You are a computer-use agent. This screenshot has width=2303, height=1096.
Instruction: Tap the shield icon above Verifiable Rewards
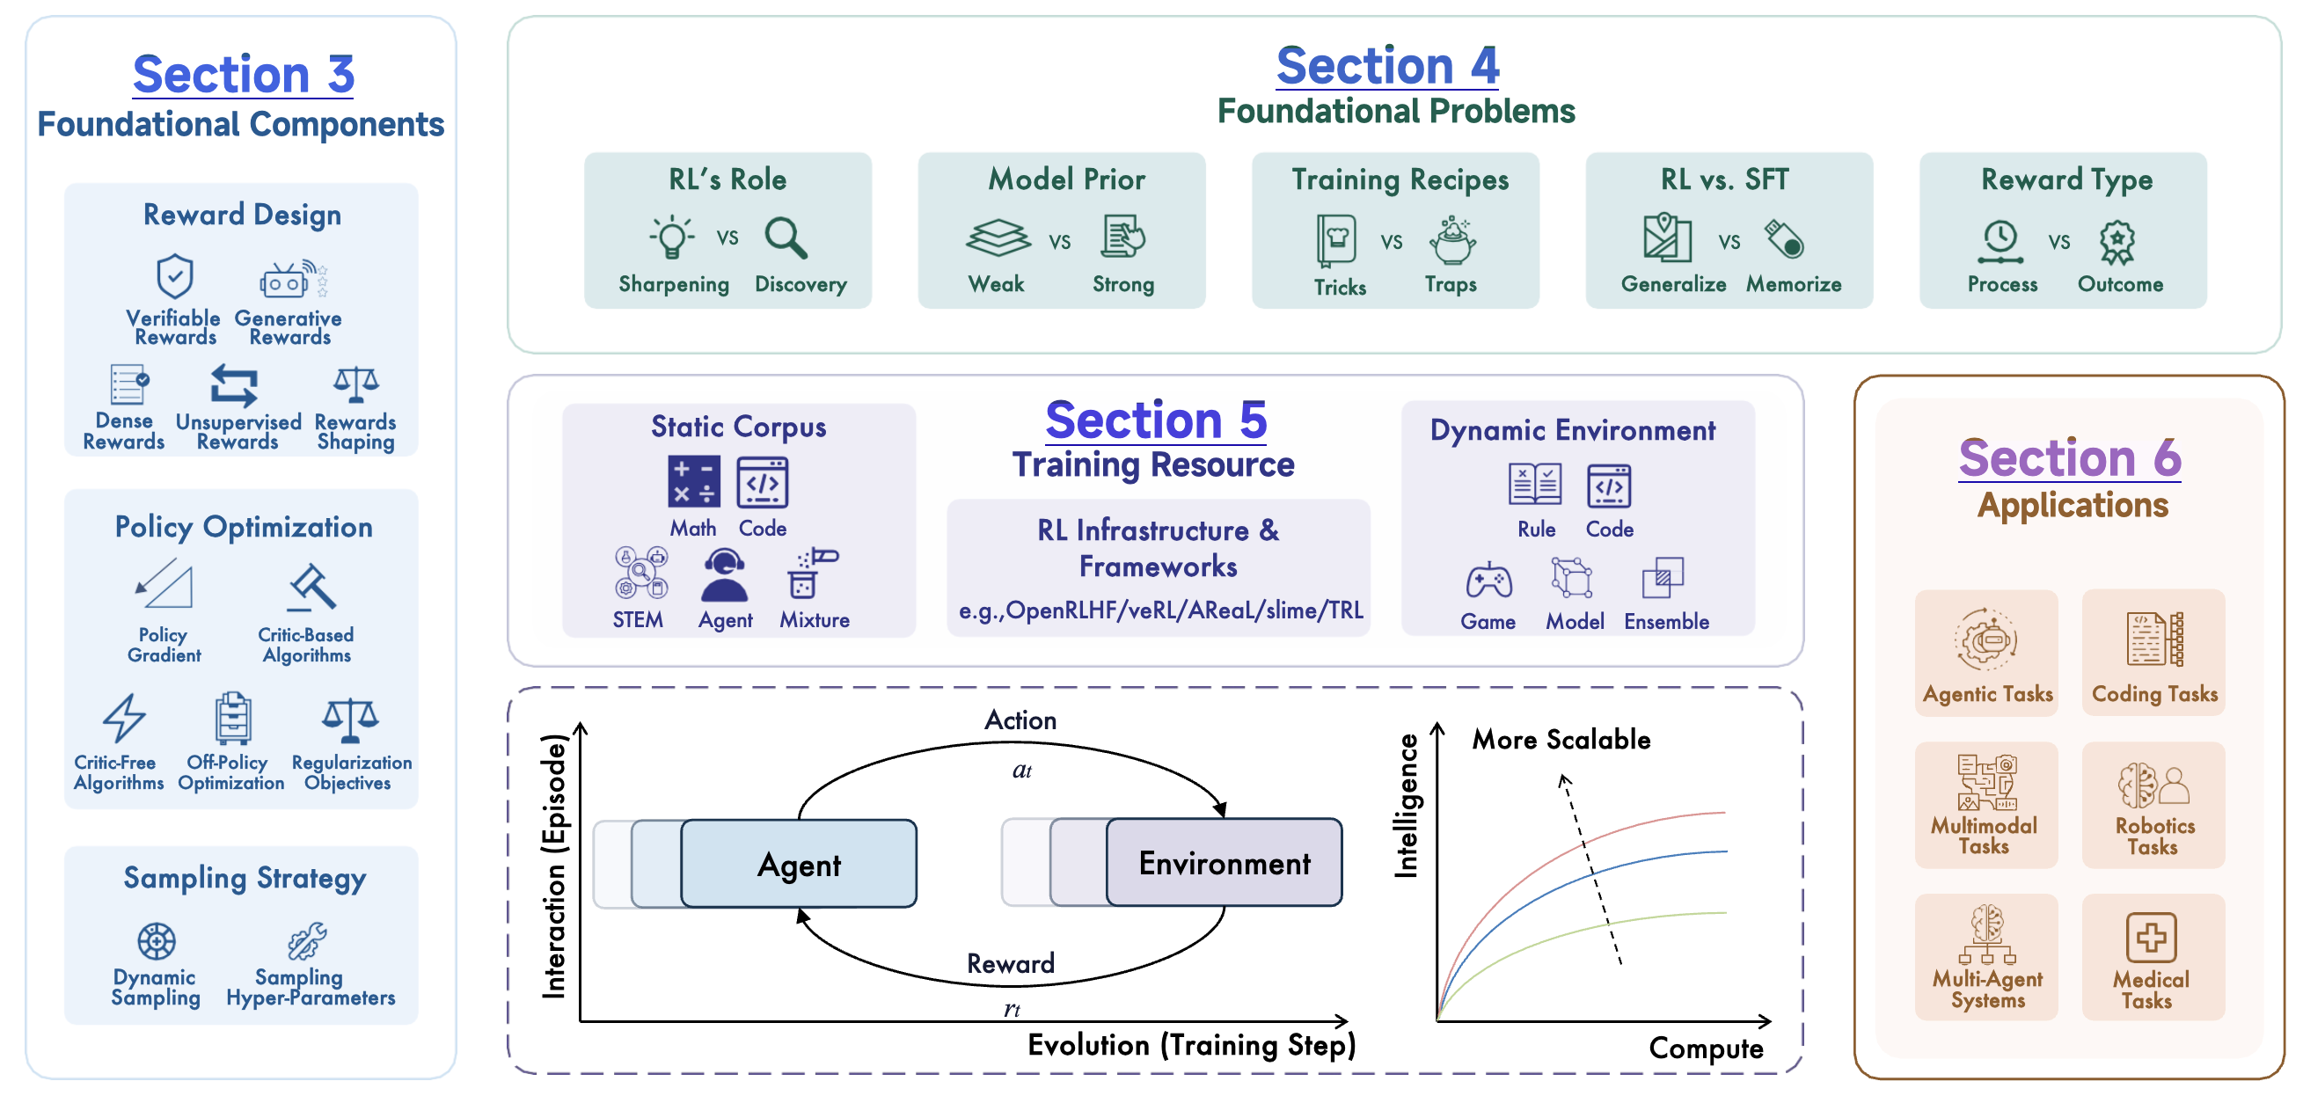click(174, 276)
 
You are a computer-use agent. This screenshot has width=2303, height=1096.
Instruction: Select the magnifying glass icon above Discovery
click(786, 237)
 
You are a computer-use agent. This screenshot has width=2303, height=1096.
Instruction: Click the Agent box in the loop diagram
click(799, 864)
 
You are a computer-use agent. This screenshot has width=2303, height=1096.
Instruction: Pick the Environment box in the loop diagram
click(1224, 863)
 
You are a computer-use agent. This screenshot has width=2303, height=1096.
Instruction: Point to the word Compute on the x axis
click(1705, 1048)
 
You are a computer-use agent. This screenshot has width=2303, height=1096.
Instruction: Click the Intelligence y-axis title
click(1407, 805)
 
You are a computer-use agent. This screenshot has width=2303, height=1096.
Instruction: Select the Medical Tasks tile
click(2153, 957)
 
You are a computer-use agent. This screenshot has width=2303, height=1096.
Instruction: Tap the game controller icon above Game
click(1488, 581)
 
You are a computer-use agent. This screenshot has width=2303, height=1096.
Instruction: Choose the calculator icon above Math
click(693, 482)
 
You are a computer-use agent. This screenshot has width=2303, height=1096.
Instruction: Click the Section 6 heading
click(2070, 457)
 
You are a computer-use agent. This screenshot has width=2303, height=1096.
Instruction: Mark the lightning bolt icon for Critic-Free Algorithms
click(123, 718)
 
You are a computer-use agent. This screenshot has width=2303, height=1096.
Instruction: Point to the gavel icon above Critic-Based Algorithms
click(312, 588)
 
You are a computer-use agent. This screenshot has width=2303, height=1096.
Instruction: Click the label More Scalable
click(1561, 739)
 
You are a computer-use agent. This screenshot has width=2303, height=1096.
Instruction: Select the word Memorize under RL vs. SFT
click(1794, 284)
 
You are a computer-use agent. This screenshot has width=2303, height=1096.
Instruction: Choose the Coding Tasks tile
click(2153, 653)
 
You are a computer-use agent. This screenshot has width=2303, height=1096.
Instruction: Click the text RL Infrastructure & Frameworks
click(1158, 548)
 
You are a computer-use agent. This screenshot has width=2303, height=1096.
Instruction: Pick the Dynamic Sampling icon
click(157, 940)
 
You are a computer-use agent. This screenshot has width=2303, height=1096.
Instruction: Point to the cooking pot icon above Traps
click(1451, 239)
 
